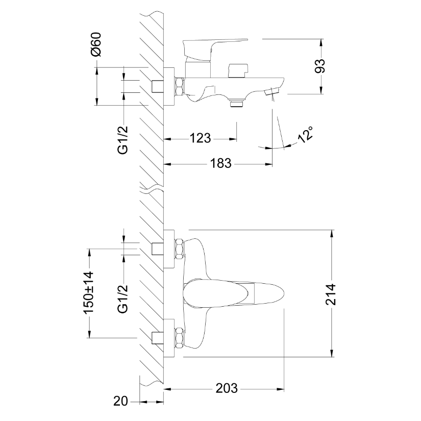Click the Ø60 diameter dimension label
point(96,44)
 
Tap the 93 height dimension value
point(320,66)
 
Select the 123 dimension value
point(201,138)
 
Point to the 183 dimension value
point(220,163)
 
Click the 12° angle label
point(306,135)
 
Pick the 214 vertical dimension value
point(331,294)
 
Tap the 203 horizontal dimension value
point(227,388)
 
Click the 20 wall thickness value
point(120,401)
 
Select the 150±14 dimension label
point(89,292)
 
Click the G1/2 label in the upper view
point(123,140)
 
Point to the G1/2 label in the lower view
point(123,299)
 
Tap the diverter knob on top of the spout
point(237,70)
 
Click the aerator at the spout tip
point(271,92)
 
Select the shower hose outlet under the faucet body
point(237,103)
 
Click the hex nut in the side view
point(179,86)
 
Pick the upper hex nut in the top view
point(179,249)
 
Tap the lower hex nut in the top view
point(179,338)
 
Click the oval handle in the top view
point(233,293)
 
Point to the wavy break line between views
point(152,188)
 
